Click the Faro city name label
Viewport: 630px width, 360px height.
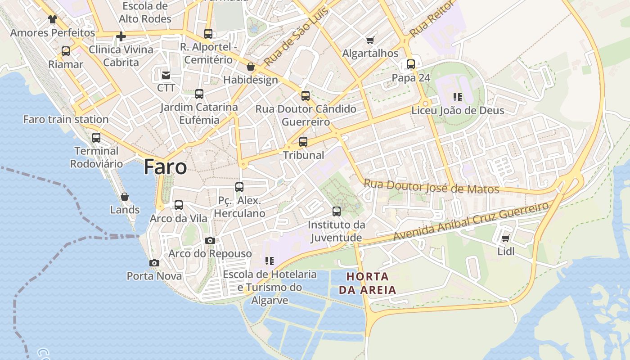(165, 167)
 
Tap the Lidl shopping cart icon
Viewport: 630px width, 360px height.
(505, 238)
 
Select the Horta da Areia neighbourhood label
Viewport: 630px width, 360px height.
(368, 283)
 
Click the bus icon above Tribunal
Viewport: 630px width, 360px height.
(303, 142)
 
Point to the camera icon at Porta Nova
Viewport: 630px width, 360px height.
(154, 263)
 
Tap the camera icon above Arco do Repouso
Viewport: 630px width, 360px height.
(210, 241)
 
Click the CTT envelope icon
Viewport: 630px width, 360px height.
(166, 75)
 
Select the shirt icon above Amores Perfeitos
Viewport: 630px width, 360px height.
(53, 19)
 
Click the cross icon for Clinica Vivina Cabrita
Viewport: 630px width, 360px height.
(121, 36)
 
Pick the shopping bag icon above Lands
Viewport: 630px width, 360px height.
(125, 197)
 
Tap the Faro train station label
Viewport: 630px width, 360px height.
(66, 119)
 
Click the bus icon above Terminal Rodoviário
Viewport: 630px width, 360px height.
(96, 138)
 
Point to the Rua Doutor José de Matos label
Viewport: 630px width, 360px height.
(432, 186)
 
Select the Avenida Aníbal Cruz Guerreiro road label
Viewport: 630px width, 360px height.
(471, 221)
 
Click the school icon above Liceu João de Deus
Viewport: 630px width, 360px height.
(458, 97)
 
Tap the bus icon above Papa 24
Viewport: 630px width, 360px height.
(411, 64)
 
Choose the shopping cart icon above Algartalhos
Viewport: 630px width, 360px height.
(370, 40)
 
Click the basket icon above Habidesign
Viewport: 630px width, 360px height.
(251, 67)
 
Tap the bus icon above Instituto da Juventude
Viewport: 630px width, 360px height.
(336, 211)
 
